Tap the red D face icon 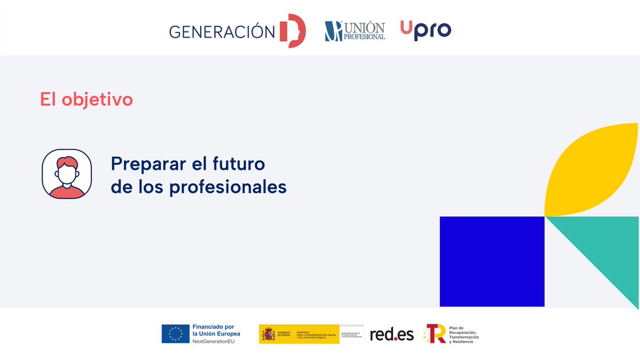(293, 31)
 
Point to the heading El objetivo (86, 99)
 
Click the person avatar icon (67, 174)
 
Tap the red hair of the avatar (67, 161)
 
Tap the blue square (492, 261)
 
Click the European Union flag (175, 334)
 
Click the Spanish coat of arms (268, 334)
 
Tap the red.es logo (391, 334)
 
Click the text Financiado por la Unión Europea (216, 330)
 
